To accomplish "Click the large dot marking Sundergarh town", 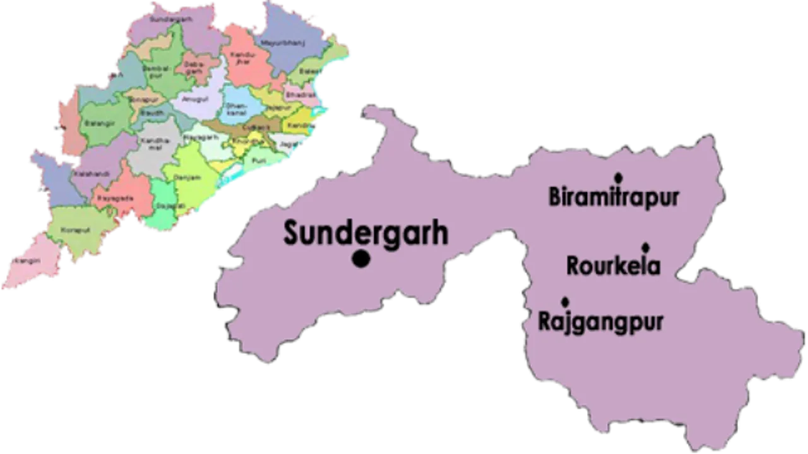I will coord(361,259).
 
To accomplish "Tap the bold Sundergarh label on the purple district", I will coord(365,233).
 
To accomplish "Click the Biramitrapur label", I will coord(614,198).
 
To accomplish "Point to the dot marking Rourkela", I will coord(645,247).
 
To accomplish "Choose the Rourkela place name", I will coord(613,265).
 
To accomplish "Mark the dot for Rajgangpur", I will coord(564,301).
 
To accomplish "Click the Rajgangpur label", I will coord(600,322).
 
